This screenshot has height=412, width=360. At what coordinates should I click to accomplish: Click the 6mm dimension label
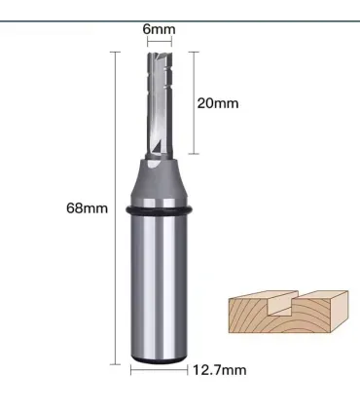[159, 29]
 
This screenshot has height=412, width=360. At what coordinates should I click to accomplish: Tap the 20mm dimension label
[218, 103]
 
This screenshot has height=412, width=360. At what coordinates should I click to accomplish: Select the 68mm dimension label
[87, 207]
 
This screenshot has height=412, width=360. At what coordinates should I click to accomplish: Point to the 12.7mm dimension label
[220, 370]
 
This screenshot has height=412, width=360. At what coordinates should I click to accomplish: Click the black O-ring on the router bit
[159, 210]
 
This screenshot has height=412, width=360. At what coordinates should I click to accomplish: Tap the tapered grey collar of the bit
[159, 182]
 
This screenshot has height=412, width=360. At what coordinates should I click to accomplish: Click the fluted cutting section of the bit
[159, 105]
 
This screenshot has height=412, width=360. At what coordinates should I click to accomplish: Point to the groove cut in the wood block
[281, 304]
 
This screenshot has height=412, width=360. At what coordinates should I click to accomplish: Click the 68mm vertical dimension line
[115, 207]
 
